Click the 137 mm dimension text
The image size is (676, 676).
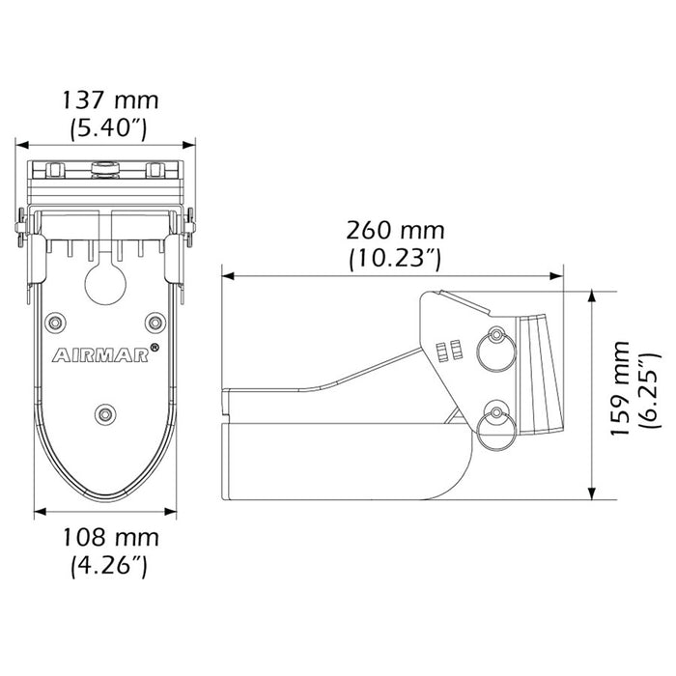pos(109,99)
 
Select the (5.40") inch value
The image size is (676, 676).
pos(109,127)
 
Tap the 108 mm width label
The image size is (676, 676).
pos(109,538)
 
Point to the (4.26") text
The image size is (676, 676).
pos(109,565)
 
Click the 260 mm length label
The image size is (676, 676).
pos(396,231)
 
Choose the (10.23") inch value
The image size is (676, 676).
pos(396,258)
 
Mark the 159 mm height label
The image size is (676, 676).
pos(620,386)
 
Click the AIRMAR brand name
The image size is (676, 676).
pos(100,354)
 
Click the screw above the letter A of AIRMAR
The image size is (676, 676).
pos(58,321)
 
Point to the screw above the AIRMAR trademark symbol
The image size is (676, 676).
pos(155,321)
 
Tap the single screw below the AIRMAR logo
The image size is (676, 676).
pos(104,413)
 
